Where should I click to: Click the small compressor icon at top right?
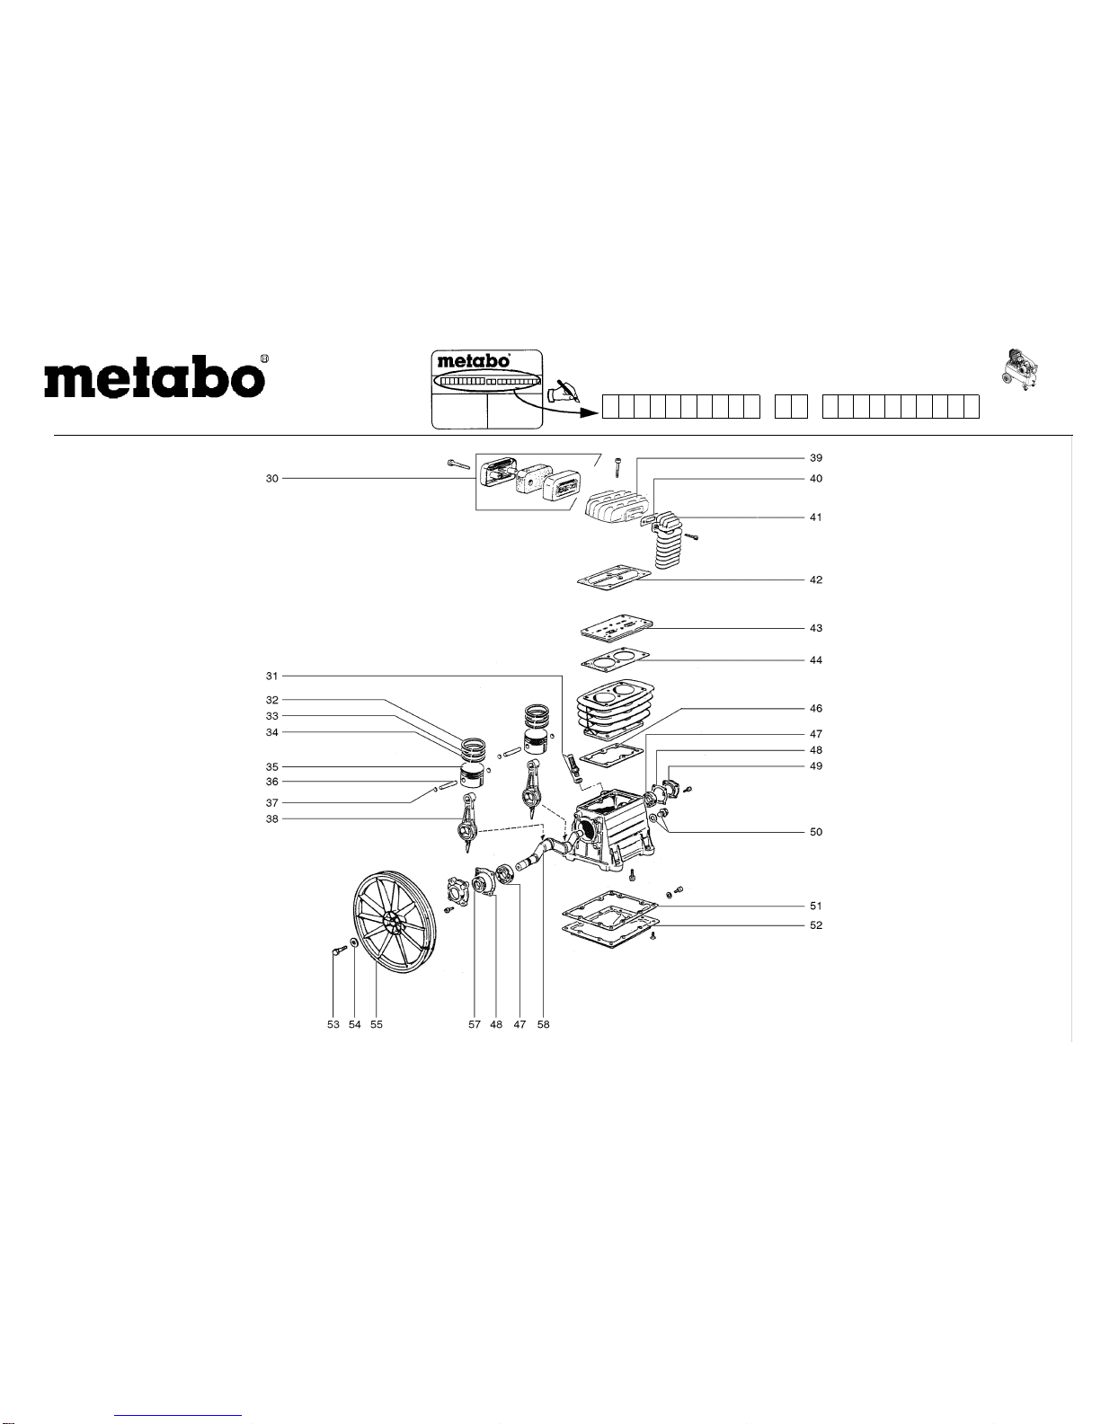point(1019,367)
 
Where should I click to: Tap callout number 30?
point(271,479)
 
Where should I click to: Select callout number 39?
point(815,458)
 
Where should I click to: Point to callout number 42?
point(815,580)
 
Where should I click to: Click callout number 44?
point(815,660)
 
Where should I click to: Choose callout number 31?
point(271,676)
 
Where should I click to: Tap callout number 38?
point(271,819)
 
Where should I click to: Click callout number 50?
point(815,832)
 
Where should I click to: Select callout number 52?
point(815,925)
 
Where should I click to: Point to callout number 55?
point(377,1024)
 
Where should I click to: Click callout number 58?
point(543,1024)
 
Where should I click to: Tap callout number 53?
point(333,1024)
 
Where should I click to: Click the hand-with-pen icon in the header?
point(564,392)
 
